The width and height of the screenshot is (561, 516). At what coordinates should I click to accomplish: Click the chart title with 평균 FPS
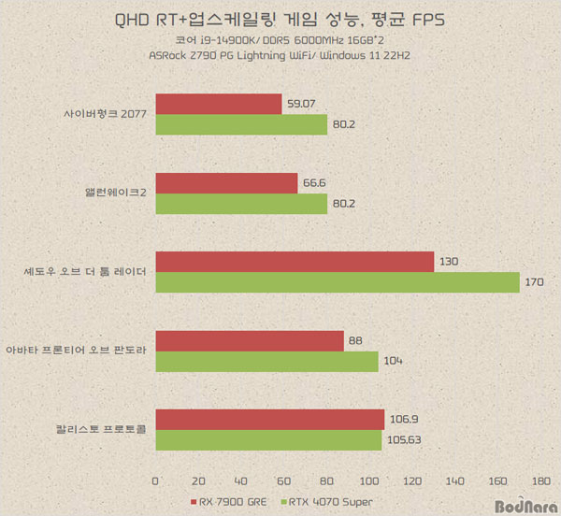(280, 18)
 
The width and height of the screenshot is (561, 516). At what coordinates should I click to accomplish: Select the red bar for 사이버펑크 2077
(219, 105)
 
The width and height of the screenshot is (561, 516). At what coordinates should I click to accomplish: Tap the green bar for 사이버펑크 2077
(241, 125)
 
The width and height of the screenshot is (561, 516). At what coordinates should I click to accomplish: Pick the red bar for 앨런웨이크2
(226, 183)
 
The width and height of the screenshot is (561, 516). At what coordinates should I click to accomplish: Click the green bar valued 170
(337, 282)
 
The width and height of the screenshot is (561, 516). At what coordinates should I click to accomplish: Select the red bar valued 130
(295, 262)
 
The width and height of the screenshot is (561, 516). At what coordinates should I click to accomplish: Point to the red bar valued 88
(250, 341)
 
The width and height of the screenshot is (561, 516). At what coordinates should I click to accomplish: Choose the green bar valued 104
(266, 362)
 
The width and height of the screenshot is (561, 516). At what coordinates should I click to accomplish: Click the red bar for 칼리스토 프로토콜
(269, 420)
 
